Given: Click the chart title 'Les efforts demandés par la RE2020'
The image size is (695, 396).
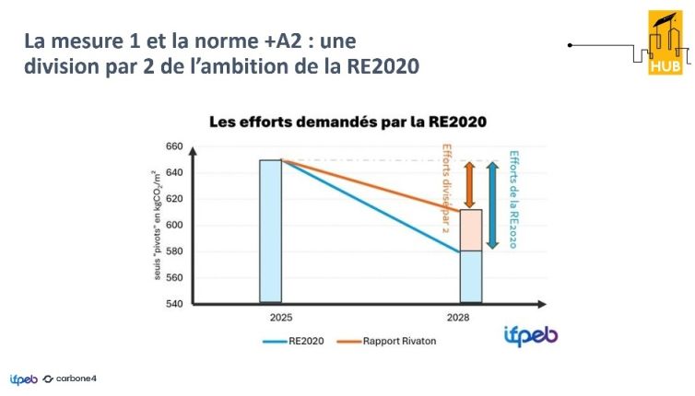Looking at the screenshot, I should [347, 122].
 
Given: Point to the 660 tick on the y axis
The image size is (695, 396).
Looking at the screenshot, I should [174, 146].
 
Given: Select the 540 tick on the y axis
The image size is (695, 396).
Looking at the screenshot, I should [174, 303].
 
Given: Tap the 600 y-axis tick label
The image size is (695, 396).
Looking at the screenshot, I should [174, 225].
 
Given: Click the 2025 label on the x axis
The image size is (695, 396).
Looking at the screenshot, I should [270, 317].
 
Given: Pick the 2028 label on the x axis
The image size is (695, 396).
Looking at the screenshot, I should [471, 317].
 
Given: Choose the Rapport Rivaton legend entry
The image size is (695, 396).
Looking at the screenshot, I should [393, 343].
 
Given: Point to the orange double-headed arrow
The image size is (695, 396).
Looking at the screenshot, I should [469, 185].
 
